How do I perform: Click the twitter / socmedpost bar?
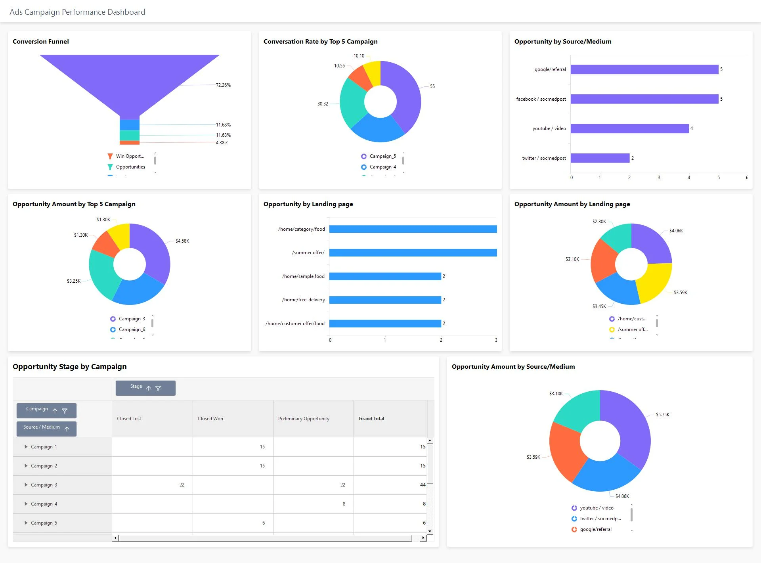pyautogui.click(x=600, y=158)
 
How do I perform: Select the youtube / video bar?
pyautogui.click(x=629, y=128)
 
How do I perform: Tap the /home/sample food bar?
pyautogui.click(x=385, y=276)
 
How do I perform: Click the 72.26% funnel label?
pyautogui.click(x=223, y=85)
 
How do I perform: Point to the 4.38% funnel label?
pyautogui.click(x=222, y=143)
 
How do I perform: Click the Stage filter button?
pyautogui.click(x=158, y=389)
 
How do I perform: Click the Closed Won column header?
pyautogui.click(x=210, y=419)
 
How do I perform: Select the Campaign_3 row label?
pyautogui.click(x=44, y=485)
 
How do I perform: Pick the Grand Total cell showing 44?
pyautogui.click(x=423, y=485)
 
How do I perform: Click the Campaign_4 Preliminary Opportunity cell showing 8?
pyautogui.click(x=344, y=504)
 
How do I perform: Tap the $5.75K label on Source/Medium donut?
pyautogui.click(x=662, y=415)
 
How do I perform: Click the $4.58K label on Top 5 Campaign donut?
pyautogui.click(x=182, y=241)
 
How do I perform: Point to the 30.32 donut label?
pyautogui.click(x=323, y=104)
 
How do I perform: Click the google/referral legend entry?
pyautogui.click(x=595, y=529)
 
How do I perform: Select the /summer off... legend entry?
pyautogui.click(x=632, y=329)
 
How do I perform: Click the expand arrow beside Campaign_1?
pyautogui.click(x=26, y=447)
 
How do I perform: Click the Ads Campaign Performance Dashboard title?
pyautogui.click(x=77, y=12)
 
